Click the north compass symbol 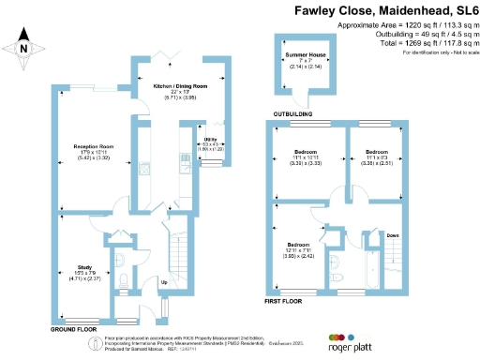[x=25, y=49]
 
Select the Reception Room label [x=94, y=146]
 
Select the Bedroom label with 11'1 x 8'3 [x=377, y=151]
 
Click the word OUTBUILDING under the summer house [x=292, y=114]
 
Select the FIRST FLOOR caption [x=283, y=301]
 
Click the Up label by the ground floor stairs [x=165, y=281]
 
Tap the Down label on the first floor [x=392, y=235]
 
